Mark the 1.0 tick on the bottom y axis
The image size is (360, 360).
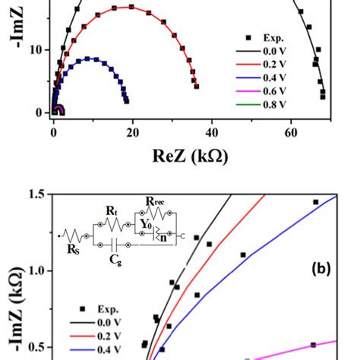(x=31, y=271)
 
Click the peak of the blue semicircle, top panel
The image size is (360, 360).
(x=91, y=58)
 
